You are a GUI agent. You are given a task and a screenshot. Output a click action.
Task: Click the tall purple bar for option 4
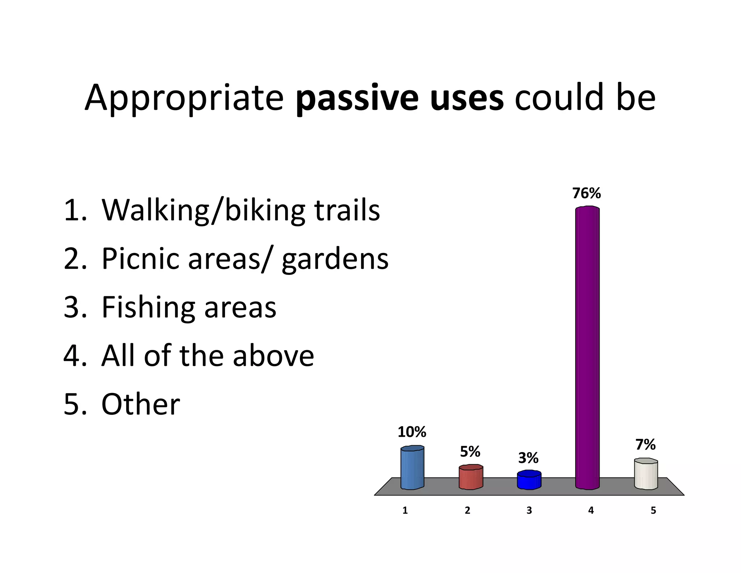587,348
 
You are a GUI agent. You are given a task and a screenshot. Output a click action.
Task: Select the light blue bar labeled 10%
412,468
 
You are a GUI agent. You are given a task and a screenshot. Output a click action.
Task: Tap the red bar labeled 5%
471,478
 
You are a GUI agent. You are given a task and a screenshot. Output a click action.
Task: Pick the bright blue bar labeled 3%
529,480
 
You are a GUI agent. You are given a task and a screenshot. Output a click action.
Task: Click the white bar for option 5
646,474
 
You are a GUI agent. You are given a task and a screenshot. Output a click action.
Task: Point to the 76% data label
587,194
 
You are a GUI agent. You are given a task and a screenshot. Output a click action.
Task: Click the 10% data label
412,432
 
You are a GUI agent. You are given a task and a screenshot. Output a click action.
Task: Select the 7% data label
645,445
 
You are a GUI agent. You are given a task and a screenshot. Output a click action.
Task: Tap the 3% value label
528,458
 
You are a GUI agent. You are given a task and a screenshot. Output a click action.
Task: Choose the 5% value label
470,452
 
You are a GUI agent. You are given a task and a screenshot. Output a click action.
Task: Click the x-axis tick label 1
405,511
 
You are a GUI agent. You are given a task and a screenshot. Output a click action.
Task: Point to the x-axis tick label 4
591,511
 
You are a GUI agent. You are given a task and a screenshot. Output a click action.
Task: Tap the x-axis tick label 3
529,511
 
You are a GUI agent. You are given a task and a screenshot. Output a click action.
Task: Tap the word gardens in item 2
335,259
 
